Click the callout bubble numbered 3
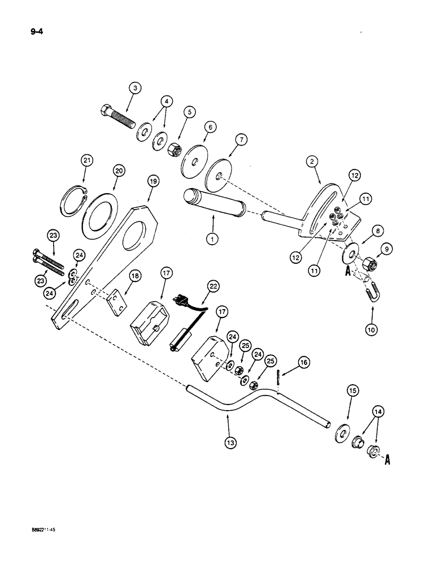click(134, 88)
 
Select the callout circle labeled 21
click(86, 162)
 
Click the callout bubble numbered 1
click(212, 239)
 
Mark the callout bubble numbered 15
click(352, 391)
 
